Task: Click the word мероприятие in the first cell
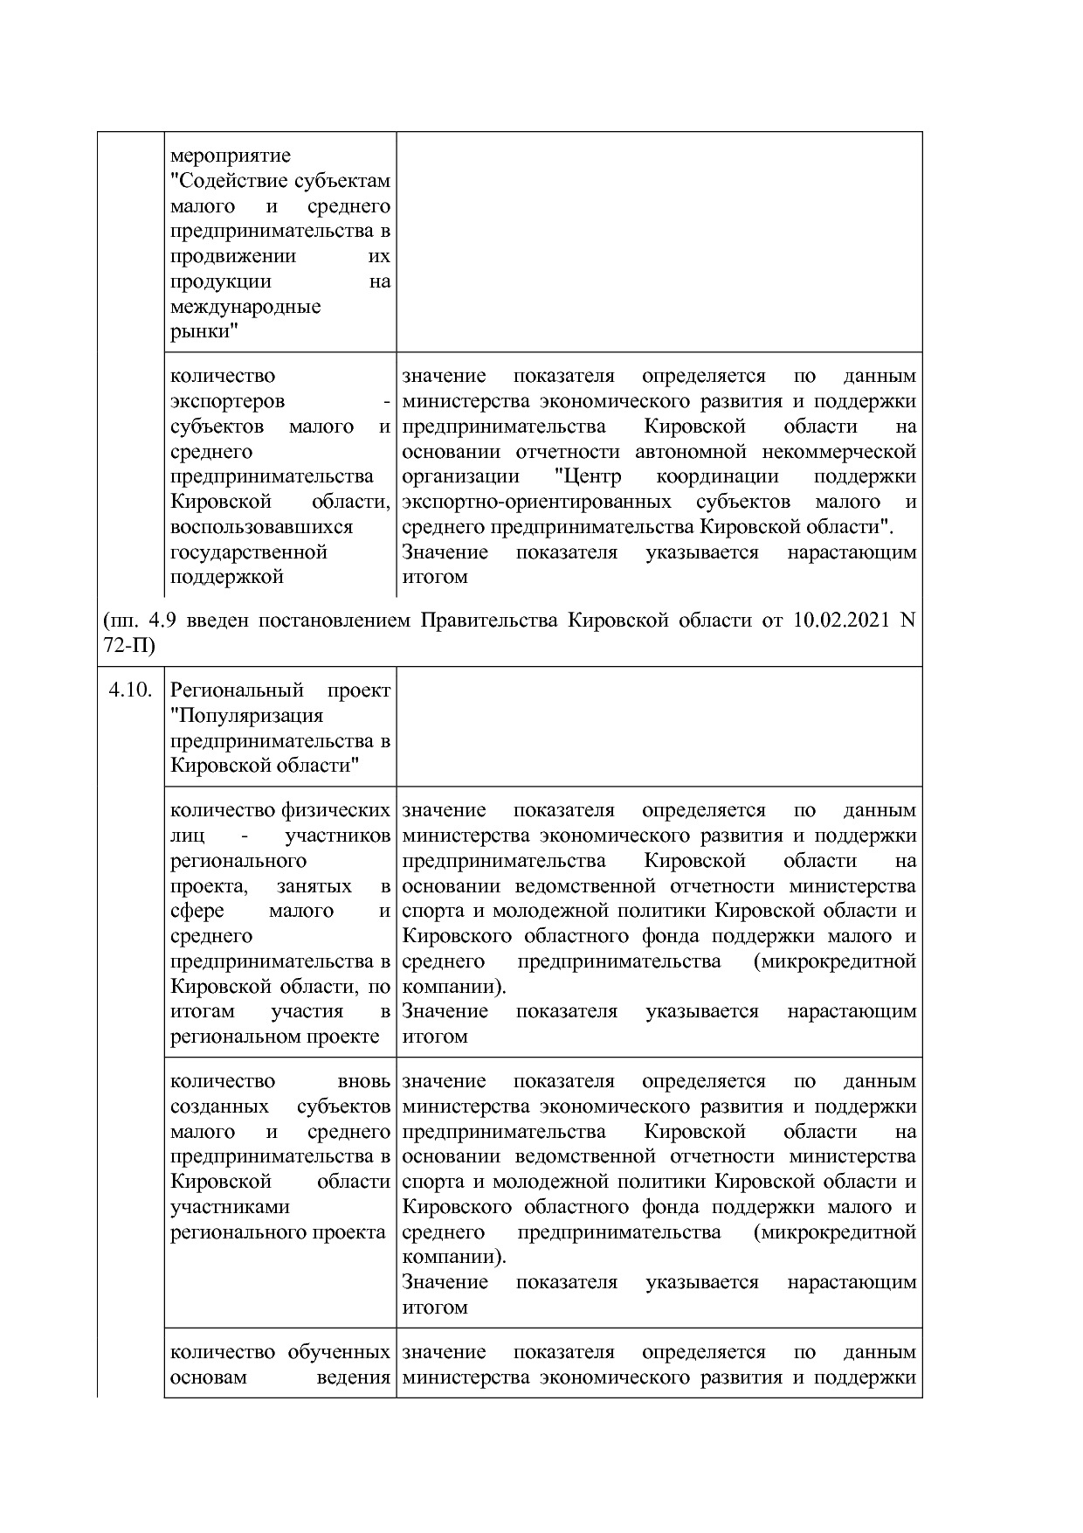click(x=230, y=156)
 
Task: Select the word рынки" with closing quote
click(x=205, y=332)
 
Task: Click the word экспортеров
click(x=227, y=401)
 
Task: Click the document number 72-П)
click(x=128, y=646)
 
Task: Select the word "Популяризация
click(x=246, y=716)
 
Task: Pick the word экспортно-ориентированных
click(x=536, y=502)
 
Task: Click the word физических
click(x=335, y=810)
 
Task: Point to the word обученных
click(x=338, y=1352)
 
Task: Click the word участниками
click(x=230, y=1207)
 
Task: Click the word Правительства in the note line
click(x=489, y=621)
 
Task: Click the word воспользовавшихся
click(x=262, y=527)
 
